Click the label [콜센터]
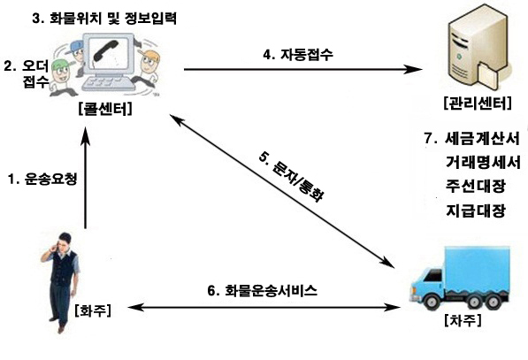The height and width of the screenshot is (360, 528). pyautogui.click(x=105, y=109)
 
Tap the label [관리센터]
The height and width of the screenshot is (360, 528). pyautogui.click(x=478, y=103)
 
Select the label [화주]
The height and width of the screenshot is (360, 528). pyautogui.click(x=93, y=310)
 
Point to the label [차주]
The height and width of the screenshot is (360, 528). pyautogui.click(x=463, y=320)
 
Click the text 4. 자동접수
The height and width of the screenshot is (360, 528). pyautogui.click(x=298, y=54)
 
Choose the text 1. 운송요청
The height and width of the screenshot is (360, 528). pyautogui.click(x=42, y=179)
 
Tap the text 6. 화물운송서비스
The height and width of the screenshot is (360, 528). pyautogui.click(x=263, y=290)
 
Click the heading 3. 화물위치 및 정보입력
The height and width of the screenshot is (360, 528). pyautogui.click(x=104, y=19)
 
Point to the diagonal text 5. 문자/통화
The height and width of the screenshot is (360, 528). pyautogui.click(x=292, y=177)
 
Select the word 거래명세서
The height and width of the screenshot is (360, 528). pyautogui.click(x=483, y=163)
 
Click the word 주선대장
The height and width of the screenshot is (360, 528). pyautogui.click(x=476, y=187)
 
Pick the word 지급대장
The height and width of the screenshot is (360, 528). pyautogui.click(x=476, y=211)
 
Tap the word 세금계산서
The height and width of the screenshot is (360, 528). pyautogui.click(x=482, y=138)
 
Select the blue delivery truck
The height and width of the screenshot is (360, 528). pyautogui.click(x=460, y=278)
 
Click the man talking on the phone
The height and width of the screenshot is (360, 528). pyautogui.click(x=61, y=282)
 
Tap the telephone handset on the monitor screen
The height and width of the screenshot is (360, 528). pyautogui.click(x=106, y=50)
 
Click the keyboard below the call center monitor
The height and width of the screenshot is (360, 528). pyautogui.click(x=109, y=84)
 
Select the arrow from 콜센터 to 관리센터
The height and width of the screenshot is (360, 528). pyautogui.click(x=303, y=69)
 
